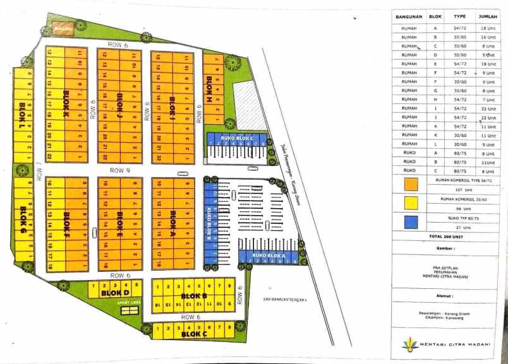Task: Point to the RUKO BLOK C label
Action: pyautogui.click(x=237, y=138)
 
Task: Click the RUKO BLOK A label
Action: pyautogui.click(x=267, y=255)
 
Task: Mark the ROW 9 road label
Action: pyautogui.click(x=119, y=170)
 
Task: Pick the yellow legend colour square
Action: pyautogui.click(x=411, y=202)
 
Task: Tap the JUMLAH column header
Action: pyautogui.click(x=487, y=16)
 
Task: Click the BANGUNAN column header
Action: pyautogui.click(x=409, y=16)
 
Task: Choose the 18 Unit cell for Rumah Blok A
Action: pyautogui.click(x=487, y=28)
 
